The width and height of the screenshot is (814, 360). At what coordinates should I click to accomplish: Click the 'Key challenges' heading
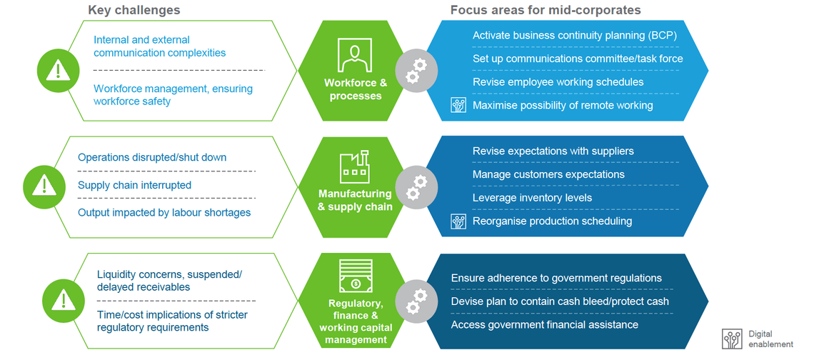134,10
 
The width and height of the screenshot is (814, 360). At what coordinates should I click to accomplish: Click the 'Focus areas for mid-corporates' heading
546,10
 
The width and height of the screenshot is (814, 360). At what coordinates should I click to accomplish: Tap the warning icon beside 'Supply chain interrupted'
44,186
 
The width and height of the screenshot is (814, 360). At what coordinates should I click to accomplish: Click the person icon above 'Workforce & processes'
355,56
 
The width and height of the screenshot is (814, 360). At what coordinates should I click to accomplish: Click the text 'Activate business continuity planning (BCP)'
574,35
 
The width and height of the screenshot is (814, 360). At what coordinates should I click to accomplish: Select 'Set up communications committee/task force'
578,59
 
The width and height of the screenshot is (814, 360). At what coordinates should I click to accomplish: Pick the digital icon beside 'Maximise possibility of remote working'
458,105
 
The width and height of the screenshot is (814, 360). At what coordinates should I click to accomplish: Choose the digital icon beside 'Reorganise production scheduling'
458,221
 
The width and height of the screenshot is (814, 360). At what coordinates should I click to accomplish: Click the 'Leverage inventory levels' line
532,198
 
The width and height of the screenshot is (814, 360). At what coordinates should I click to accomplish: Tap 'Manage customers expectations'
548,174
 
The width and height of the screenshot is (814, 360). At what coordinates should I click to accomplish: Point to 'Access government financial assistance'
544,325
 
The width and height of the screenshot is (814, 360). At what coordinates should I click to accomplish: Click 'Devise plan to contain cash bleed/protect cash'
560,301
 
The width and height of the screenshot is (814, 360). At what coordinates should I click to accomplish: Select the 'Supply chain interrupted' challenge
134,185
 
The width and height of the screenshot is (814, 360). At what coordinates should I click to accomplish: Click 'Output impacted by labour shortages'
164,212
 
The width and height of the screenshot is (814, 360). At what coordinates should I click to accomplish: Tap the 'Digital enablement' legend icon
732,339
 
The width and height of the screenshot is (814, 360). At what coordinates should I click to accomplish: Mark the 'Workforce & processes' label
355,89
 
